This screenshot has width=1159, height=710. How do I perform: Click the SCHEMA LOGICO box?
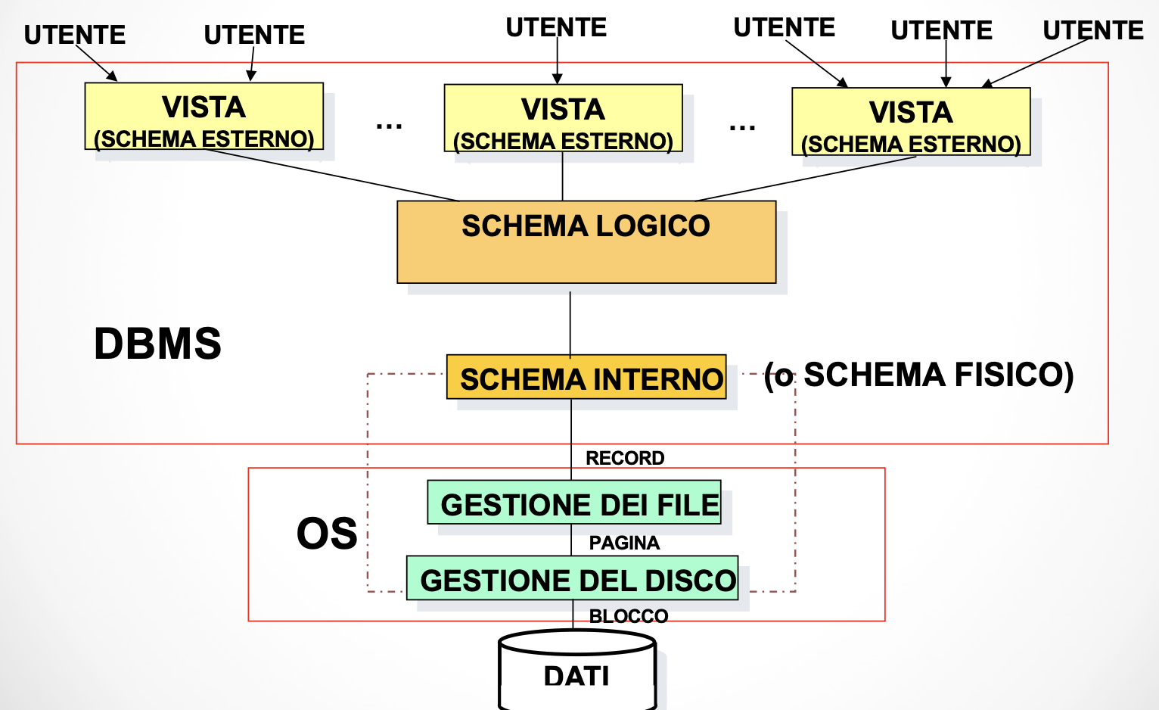coord(586,241)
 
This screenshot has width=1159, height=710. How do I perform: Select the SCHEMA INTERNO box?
coord(586,377)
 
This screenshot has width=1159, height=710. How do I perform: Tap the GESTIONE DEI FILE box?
coord(574,503)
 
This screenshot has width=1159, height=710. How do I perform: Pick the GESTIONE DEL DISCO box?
coord(573,579)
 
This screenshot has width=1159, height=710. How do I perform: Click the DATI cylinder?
coord(576,674)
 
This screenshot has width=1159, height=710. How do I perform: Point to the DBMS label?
coord(157,344)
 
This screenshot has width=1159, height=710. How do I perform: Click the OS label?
coord(327,534)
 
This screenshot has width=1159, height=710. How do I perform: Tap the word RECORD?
coord(625,458)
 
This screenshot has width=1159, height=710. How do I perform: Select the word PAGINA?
coord(624,543)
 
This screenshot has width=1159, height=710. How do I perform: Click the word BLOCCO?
coord(629,616)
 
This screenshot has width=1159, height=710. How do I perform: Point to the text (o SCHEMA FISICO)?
coord(919,375)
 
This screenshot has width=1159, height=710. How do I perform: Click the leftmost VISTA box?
coord(204,117)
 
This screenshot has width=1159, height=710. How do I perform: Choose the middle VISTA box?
coord(564,119)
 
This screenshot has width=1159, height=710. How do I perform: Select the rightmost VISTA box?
coord(911,123)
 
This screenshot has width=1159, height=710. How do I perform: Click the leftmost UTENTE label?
coord(75,35)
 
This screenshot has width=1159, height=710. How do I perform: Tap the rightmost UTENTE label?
coord(1093,30)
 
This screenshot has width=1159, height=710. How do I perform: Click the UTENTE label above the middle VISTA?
coord(556,27)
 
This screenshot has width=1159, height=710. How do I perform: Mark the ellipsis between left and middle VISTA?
coord(389,126)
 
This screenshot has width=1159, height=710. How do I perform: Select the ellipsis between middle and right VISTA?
coord(742,127)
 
